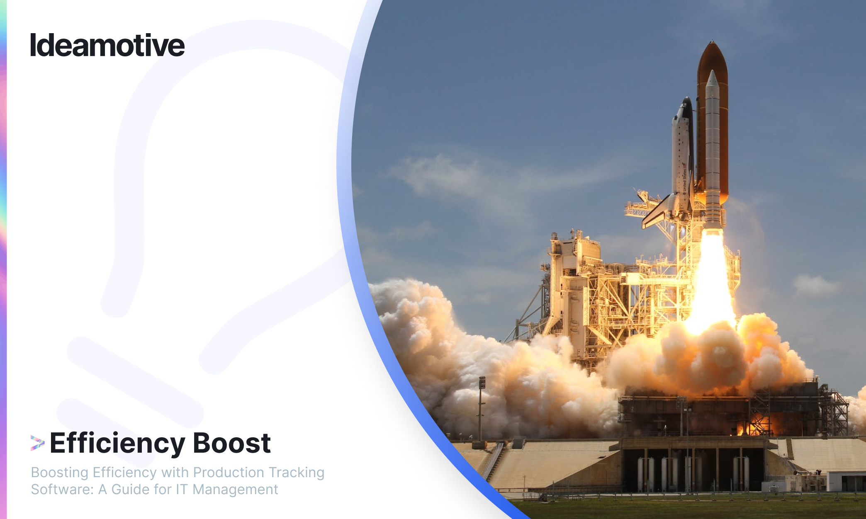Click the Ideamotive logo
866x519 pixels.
coord(107,45)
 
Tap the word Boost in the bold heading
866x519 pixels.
coord(232,443)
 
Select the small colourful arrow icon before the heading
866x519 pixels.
coord(37,443)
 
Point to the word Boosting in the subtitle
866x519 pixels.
coord(59,473)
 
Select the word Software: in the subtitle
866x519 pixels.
coord(62,490)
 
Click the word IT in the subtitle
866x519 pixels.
coord(182,490)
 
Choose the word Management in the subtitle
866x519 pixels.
coord(235,490)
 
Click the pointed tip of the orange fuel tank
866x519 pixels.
coord(713,41)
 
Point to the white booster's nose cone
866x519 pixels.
coord(712,79)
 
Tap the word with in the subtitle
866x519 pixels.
coord(175,472)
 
